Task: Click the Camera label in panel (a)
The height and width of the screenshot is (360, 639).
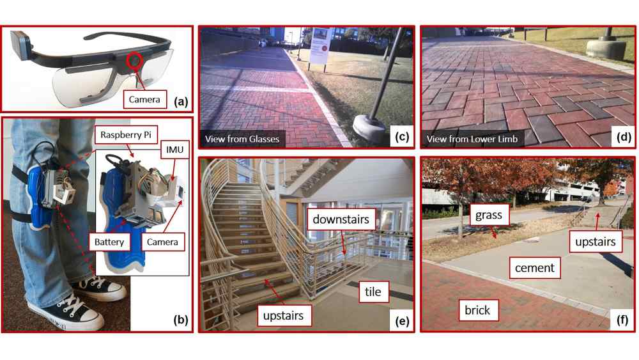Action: [x=144, y=100]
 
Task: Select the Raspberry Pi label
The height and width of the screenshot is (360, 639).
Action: [x=126, y=134]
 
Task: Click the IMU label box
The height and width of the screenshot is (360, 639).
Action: [x=175, y=150]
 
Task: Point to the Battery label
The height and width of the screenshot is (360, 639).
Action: [x=109, y=242]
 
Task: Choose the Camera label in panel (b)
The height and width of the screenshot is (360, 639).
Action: [x=162, y=242]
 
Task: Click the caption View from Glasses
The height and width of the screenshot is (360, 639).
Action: [x=242, y=139]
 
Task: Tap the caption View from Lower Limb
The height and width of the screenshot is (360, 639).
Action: [x=472, y=139]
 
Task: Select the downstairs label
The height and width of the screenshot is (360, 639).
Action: [x=341, y=219]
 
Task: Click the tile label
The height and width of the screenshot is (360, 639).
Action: [x=373, y=292]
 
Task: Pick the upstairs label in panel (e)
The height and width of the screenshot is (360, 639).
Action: [x=283, y=316]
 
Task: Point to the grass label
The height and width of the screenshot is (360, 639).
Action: [x=489, y=215]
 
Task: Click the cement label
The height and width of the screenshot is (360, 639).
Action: [x=535, y=268]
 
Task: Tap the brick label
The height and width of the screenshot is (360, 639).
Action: [x=477, y=310]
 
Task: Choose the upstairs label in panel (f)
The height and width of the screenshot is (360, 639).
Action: [x=596, y=242]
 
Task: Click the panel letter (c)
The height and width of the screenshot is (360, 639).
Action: [x=402, y=137]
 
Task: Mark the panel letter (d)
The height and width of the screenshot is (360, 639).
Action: [x=624, y=137]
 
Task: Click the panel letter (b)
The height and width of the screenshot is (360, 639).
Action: [x=181, y=320]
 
